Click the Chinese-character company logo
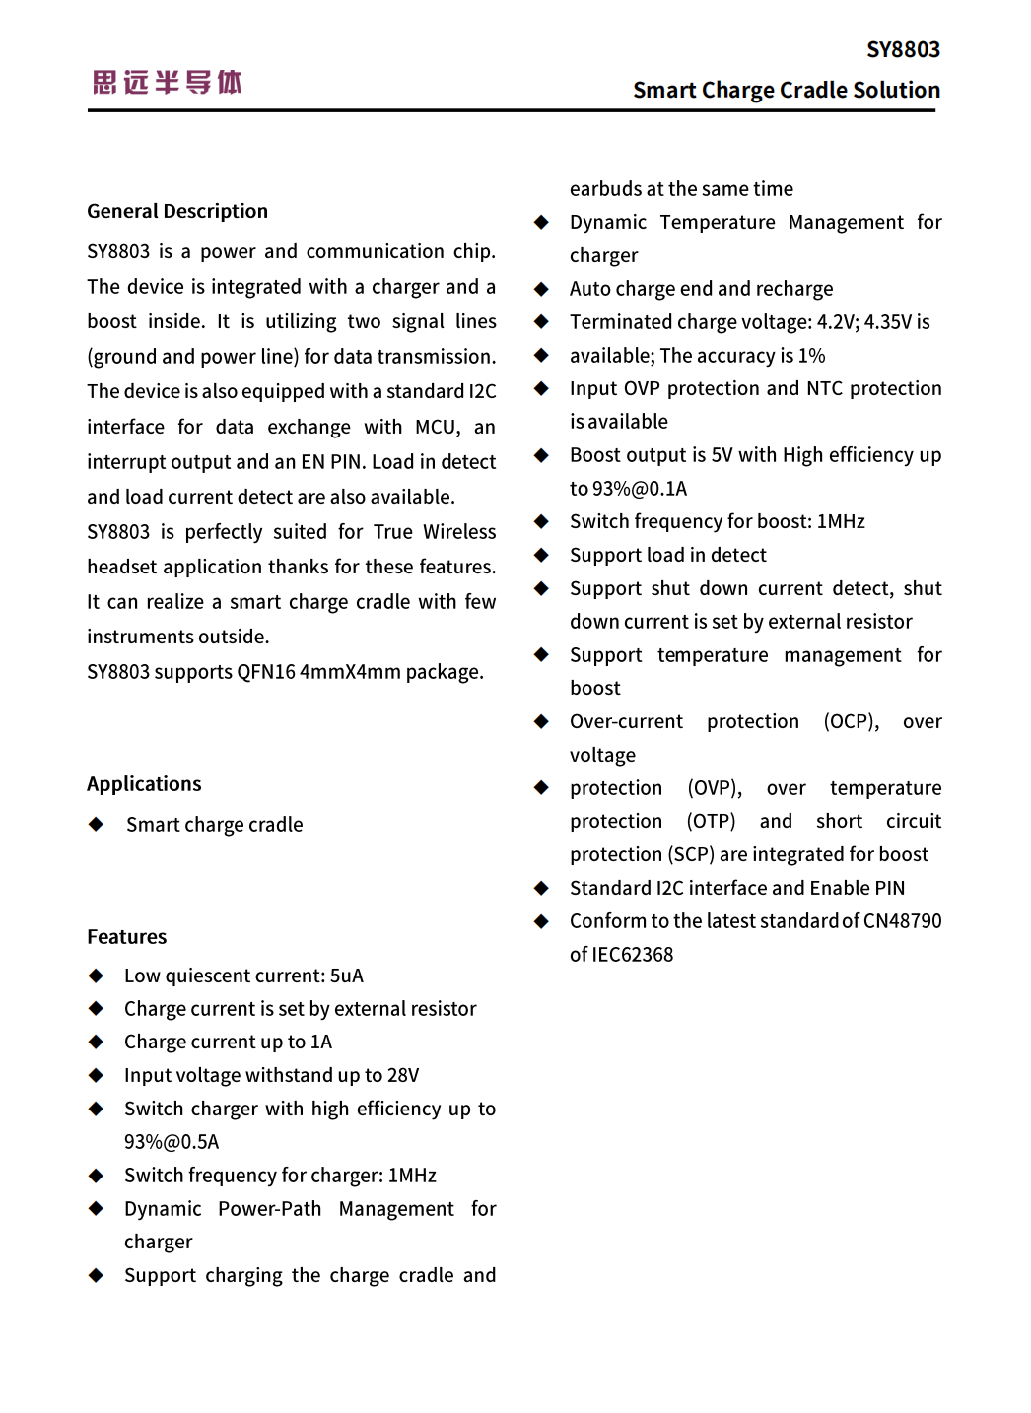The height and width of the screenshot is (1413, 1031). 168,82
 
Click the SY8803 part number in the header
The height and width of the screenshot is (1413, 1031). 903,49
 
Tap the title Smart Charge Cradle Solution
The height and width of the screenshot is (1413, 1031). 786,90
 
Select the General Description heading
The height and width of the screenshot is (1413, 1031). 177,211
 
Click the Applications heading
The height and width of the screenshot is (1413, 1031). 144,783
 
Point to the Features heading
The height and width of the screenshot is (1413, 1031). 127,936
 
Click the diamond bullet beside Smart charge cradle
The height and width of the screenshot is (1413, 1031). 96,824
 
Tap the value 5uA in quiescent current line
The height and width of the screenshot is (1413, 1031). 346,976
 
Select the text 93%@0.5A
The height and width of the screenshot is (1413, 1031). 172,1141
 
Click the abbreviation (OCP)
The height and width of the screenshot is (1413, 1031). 851,721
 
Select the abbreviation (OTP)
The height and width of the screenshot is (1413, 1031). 711,821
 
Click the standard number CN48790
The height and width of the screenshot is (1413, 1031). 902,920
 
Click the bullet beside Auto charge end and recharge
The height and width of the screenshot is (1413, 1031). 541,289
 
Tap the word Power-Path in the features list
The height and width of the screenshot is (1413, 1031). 269,1208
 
